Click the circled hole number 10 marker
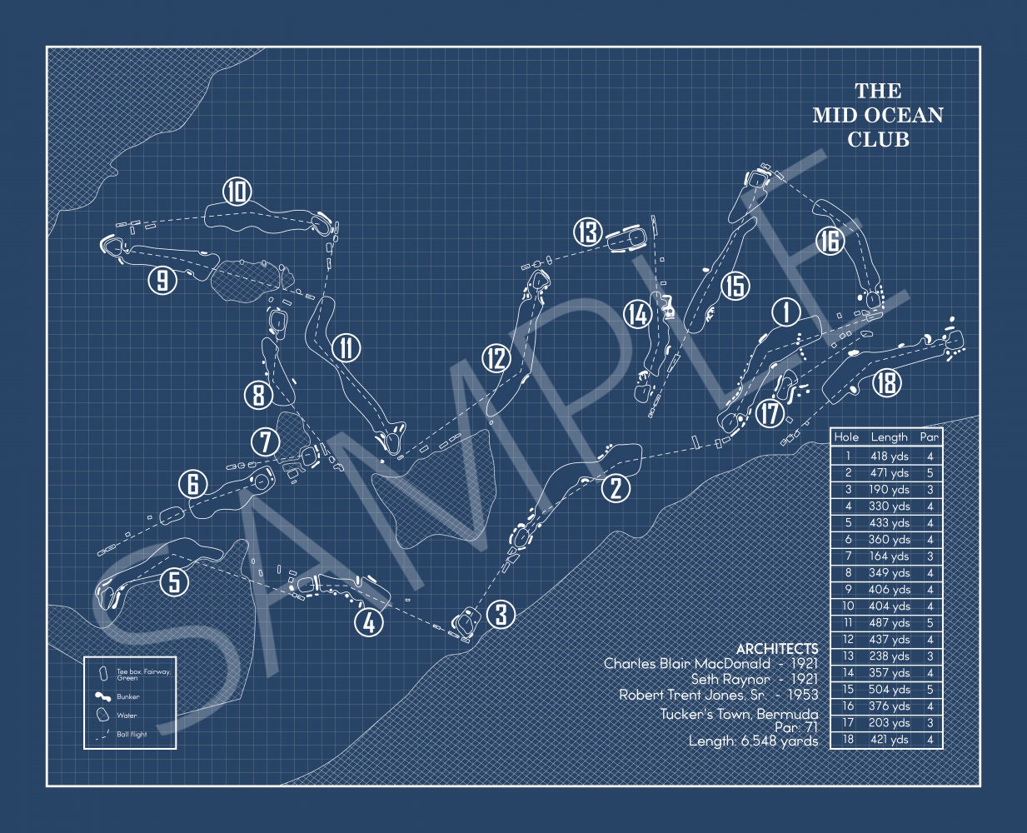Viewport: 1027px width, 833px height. point(237,193)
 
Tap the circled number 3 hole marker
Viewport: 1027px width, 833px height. point(501,615)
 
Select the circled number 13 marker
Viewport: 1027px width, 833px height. point(587,232)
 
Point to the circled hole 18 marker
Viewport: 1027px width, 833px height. point(888,383)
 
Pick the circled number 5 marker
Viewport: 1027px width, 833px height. point(174,581)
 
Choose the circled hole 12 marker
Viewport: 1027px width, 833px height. point(496,359)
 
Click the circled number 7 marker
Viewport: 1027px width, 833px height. point(265,441)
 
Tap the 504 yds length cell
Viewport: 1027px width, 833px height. point(889,689)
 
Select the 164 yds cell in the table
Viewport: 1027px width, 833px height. point(889,556)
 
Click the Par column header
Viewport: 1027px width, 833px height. point(929,436)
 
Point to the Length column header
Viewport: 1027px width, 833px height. point(889,436)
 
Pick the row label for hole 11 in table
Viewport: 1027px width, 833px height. point(848,622)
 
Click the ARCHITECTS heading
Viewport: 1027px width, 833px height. point(777,648)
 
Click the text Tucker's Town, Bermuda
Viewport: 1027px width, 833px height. point(739,714)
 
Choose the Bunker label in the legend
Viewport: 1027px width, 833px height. point(128,696)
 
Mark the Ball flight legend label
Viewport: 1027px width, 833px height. point(132,734)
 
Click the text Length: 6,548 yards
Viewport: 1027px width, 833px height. point(753,741)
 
